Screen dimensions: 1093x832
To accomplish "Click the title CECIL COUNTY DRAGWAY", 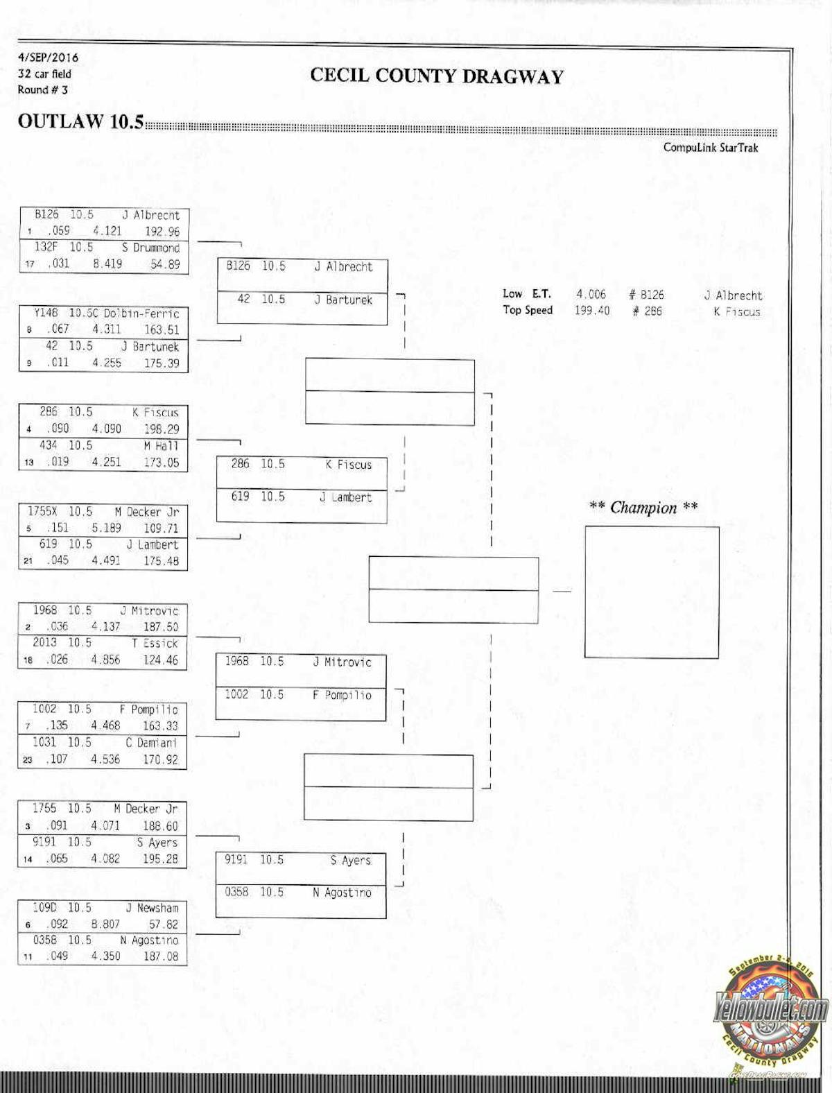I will tap(437, 76).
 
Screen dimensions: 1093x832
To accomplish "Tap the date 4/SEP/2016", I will tap(48, 58).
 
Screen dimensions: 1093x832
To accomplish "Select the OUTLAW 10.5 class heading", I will tap(80, 121).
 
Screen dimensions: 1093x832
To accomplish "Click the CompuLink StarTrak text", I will tap(710, 147).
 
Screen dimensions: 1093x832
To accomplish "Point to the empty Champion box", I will tap(651, 592).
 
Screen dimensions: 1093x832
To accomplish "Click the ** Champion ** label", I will tap(643, 508).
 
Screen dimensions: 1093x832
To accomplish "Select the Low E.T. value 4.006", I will tap(591, 294).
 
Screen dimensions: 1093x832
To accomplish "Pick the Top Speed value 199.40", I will tap(591, 311).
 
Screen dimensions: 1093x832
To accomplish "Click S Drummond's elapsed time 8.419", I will tap(107, 264).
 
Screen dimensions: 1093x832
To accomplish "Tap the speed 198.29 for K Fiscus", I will tap(161, 429).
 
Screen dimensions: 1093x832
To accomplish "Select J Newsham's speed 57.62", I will tap(164, 924).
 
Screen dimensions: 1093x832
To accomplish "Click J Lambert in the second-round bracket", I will tap(345, 497).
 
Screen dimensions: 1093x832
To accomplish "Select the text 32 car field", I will tap(44, 74).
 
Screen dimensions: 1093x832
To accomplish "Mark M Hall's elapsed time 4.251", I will tap(106, 462).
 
